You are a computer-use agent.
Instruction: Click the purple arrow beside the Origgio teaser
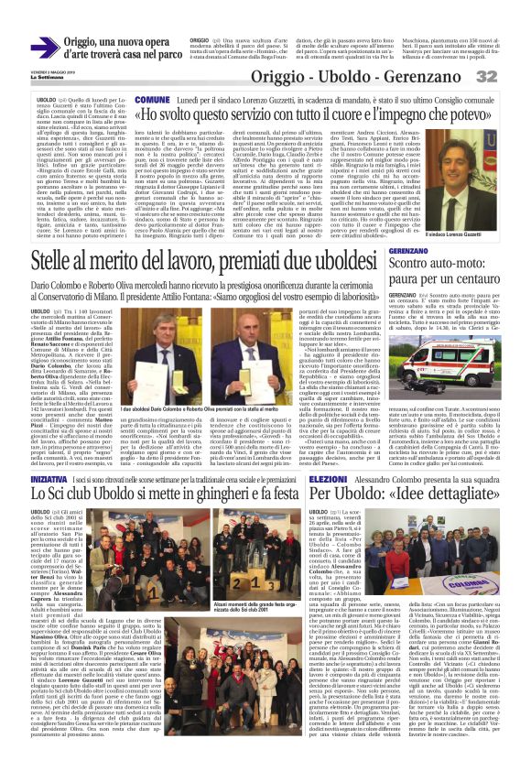click(x=51, y=38)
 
